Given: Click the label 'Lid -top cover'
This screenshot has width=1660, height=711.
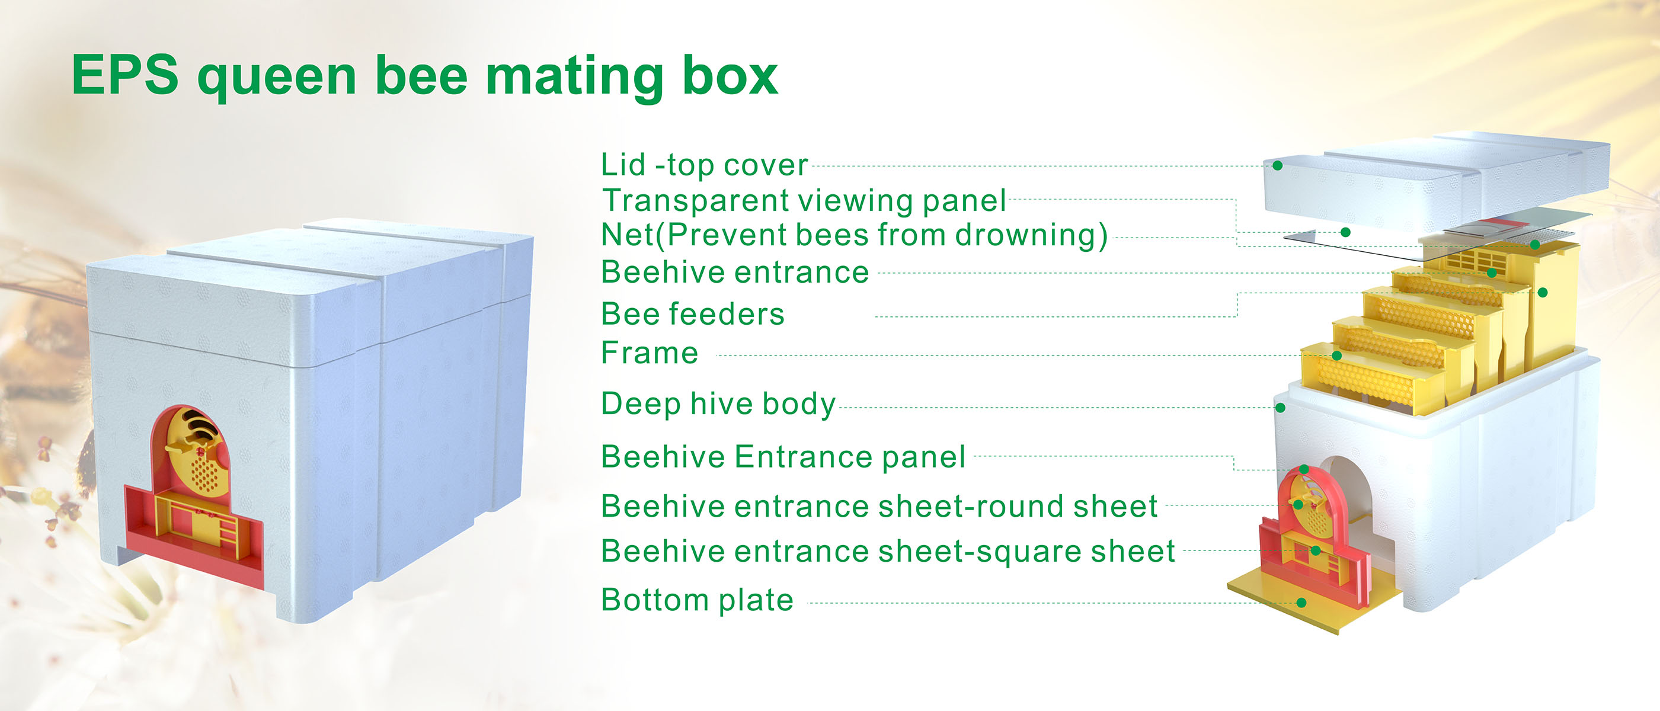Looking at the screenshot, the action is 704,165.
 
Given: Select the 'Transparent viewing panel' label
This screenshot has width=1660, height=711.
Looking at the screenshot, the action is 804,200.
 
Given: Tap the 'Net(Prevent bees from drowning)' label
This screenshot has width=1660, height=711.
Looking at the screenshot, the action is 855,235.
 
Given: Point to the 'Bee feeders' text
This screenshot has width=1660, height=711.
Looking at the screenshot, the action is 693,314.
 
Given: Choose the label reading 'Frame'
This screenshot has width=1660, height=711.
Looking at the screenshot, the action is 650,353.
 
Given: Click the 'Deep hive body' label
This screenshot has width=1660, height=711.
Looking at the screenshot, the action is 718,405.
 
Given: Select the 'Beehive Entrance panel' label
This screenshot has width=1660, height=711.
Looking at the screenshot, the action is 783,457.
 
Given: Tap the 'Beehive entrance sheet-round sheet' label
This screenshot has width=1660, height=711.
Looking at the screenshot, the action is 879,506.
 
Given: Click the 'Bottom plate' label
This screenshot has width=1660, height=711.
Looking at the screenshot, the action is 698,600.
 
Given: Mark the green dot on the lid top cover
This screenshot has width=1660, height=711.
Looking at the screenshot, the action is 1277,166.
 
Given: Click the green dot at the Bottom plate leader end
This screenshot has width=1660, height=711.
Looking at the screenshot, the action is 1301,603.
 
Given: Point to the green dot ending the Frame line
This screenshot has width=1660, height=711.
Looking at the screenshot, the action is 1336,355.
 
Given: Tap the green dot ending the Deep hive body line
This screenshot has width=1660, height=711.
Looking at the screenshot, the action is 1281,408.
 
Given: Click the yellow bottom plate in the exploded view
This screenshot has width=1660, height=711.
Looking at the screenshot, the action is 1314,602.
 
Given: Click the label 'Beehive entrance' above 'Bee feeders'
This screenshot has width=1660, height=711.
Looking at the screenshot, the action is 735,273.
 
